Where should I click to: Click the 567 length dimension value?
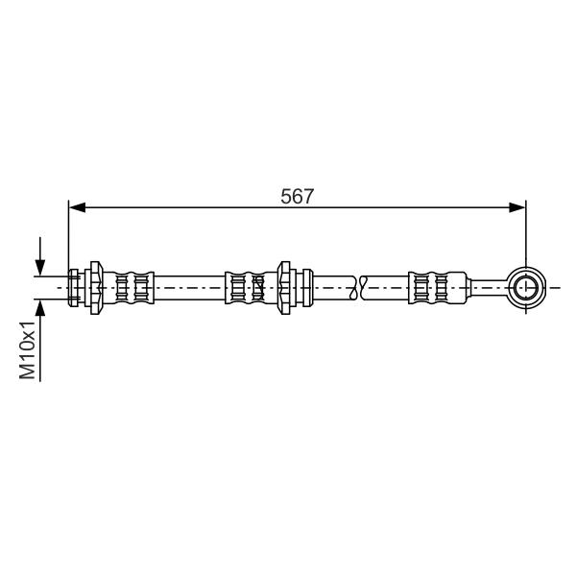(x=298, y=196)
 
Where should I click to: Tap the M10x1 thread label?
(x=28, y=349)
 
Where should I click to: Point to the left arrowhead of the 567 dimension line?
(x=77, y=207)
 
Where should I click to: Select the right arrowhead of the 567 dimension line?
(x=517, y=207)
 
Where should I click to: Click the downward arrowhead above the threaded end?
(x=40, y=267)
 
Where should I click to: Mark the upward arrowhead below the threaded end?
(x=40, y=308)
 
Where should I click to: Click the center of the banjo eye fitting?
(x=526, y=287)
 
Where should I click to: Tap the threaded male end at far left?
(x=74, y=288)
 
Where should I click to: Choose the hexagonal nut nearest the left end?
(x=96, y=288)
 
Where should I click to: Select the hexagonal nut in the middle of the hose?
(x=284, y=288)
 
